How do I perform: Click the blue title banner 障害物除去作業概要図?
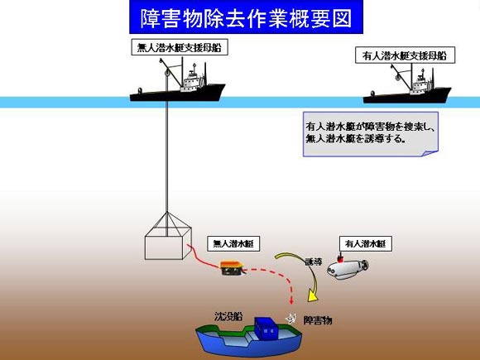pyautogui.click(x=246, y=17)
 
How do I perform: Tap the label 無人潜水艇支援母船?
pyautogui.click(x=180, y=47)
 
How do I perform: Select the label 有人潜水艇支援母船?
pyautogui.click(x=405, y=55)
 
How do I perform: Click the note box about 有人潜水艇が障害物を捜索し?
pyautogui.click(x=371, y=134)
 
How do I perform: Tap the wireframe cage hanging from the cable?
pyautogui.click(x=168, y=237)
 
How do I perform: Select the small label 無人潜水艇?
pyautogui.click(x=233, y=243)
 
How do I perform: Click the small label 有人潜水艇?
pyautogui.click(x=366, y=243)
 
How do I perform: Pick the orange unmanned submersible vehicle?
pyautogui.click(x=233, y=268)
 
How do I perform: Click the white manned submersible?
pyautogui.click(x=348, y=269)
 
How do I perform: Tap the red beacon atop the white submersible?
pyautogui.click(x=339, y=259)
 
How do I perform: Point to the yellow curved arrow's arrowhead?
pyautogui.click(x=312, y=295)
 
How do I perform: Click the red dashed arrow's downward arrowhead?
pyautogui.click(x=291, y=300)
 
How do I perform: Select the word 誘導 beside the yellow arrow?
pyautogui.click(x=313, y=262)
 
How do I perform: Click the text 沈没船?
pyautogui.click(x=228, y=316)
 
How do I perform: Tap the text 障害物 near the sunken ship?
pyautogui.click(x=318, y=320)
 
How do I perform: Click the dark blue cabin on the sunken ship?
pyautogui.click(x=266, y=329)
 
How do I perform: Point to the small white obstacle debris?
pyautogui.click(x=290, y=319)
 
